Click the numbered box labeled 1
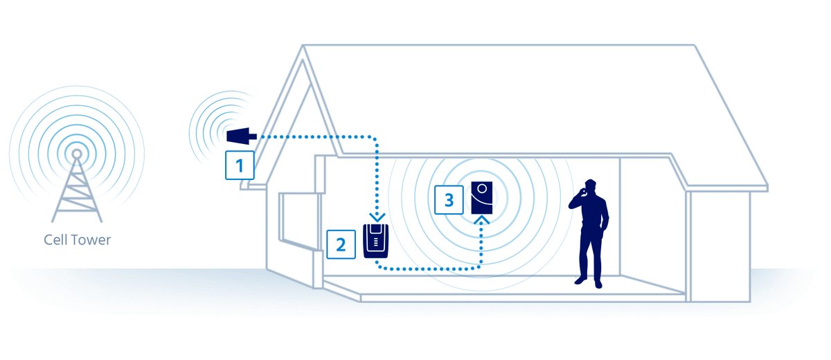240,165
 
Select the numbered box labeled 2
341,244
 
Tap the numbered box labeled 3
449,200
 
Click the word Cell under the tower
55,240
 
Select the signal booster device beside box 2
375,241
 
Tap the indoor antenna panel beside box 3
481,197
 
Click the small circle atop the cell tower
77,154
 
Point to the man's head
590,187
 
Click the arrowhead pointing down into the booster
377,217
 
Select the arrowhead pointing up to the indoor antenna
481,220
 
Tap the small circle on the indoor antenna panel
482,189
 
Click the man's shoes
589,282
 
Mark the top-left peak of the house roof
303,45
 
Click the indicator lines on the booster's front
375,242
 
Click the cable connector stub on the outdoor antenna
252,136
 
